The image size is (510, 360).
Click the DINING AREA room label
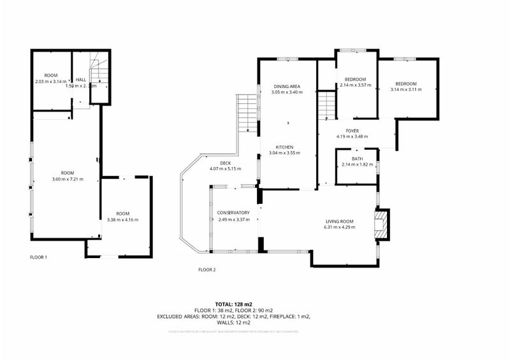click(x=286, y=86)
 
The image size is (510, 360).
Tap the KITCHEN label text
click(x=284, y=147)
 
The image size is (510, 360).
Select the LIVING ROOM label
click(x=339, y=221)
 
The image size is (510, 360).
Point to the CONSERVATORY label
click(x=232, y=213)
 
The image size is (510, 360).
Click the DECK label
click(x=216, y=163)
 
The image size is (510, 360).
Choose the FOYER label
click(x=353, y=130)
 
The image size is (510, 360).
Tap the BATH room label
click(x=357, y=159)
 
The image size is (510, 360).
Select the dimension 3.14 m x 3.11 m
click(x=405, y=90)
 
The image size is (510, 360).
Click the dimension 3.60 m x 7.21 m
click(x=67, y=179)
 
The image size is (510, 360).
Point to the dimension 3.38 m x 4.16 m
click(x=122, y=220)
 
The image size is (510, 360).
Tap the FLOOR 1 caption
click(x=39, y=257)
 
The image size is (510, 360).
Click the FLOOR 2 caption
click(x=207, y=270)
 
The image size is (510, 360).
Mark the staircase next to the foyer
click(x=326, y=104)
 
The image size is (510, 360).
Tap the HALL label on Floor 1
click(x=81, y=80)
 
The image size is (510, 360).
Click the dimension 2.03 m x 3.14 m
click(x=50, y=82)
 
